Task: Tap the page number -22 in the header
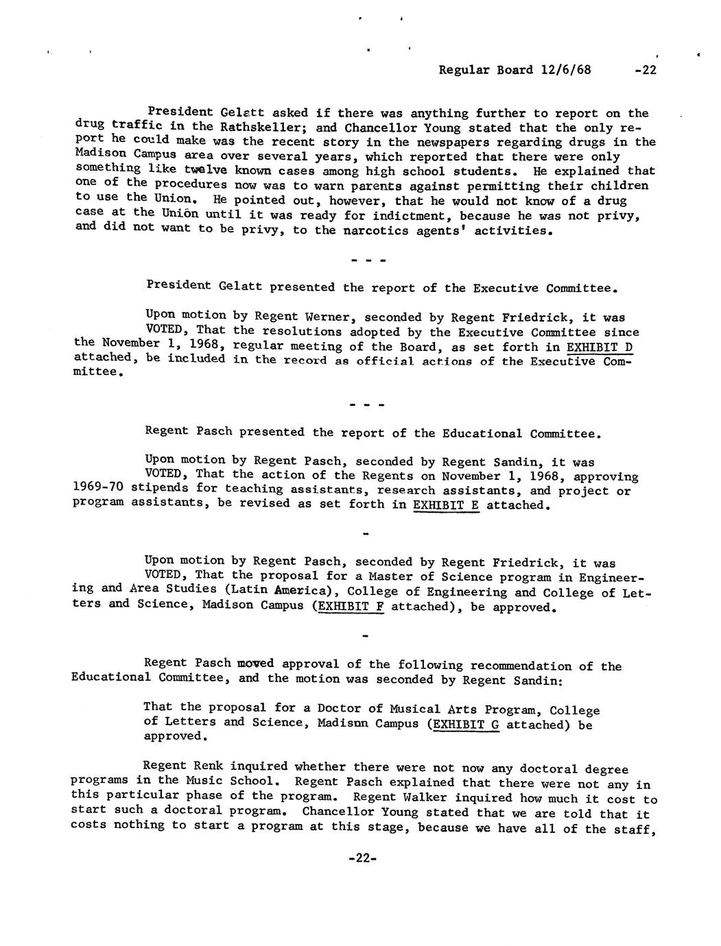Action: (x=646, y=70)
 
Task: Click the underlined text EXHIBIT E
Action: (x=446, y=505)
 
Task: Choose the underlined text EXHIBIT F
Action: (x=348, y=607)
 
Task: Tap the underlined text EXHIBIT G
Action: (x=463, y=725)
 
